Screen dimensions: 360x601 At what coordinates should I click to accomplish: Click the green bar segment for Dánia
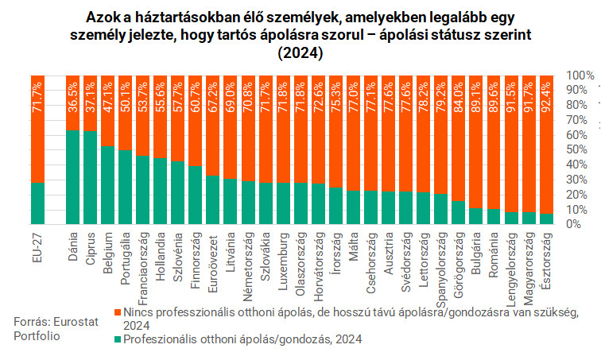pyautogui.click(x=72, y=176)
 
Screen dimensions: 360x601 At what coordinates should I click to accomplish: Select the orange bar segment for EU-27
pyautogui.click(x=37, y=128)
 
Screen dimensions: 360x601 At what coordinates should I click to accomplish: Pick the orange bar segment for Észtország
pyautogui.click(x=545, y=144)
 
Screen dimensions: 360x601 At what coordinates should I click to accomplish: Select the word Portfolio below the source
pyautogui.click(x=37, y=336)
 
